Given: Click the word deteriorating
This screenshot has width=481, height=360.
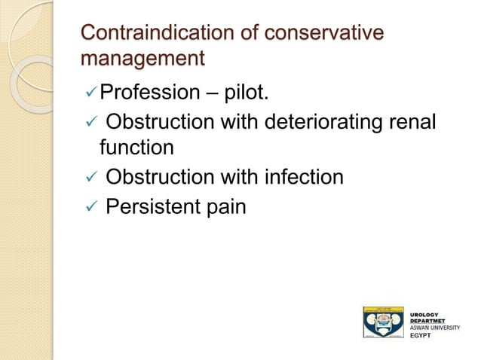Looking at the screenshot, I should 321,121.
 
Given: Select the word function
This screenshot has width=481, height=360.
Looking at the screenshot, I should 136,147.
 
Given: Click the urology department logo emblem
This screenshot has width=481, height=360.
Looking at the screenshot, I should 383,322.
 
